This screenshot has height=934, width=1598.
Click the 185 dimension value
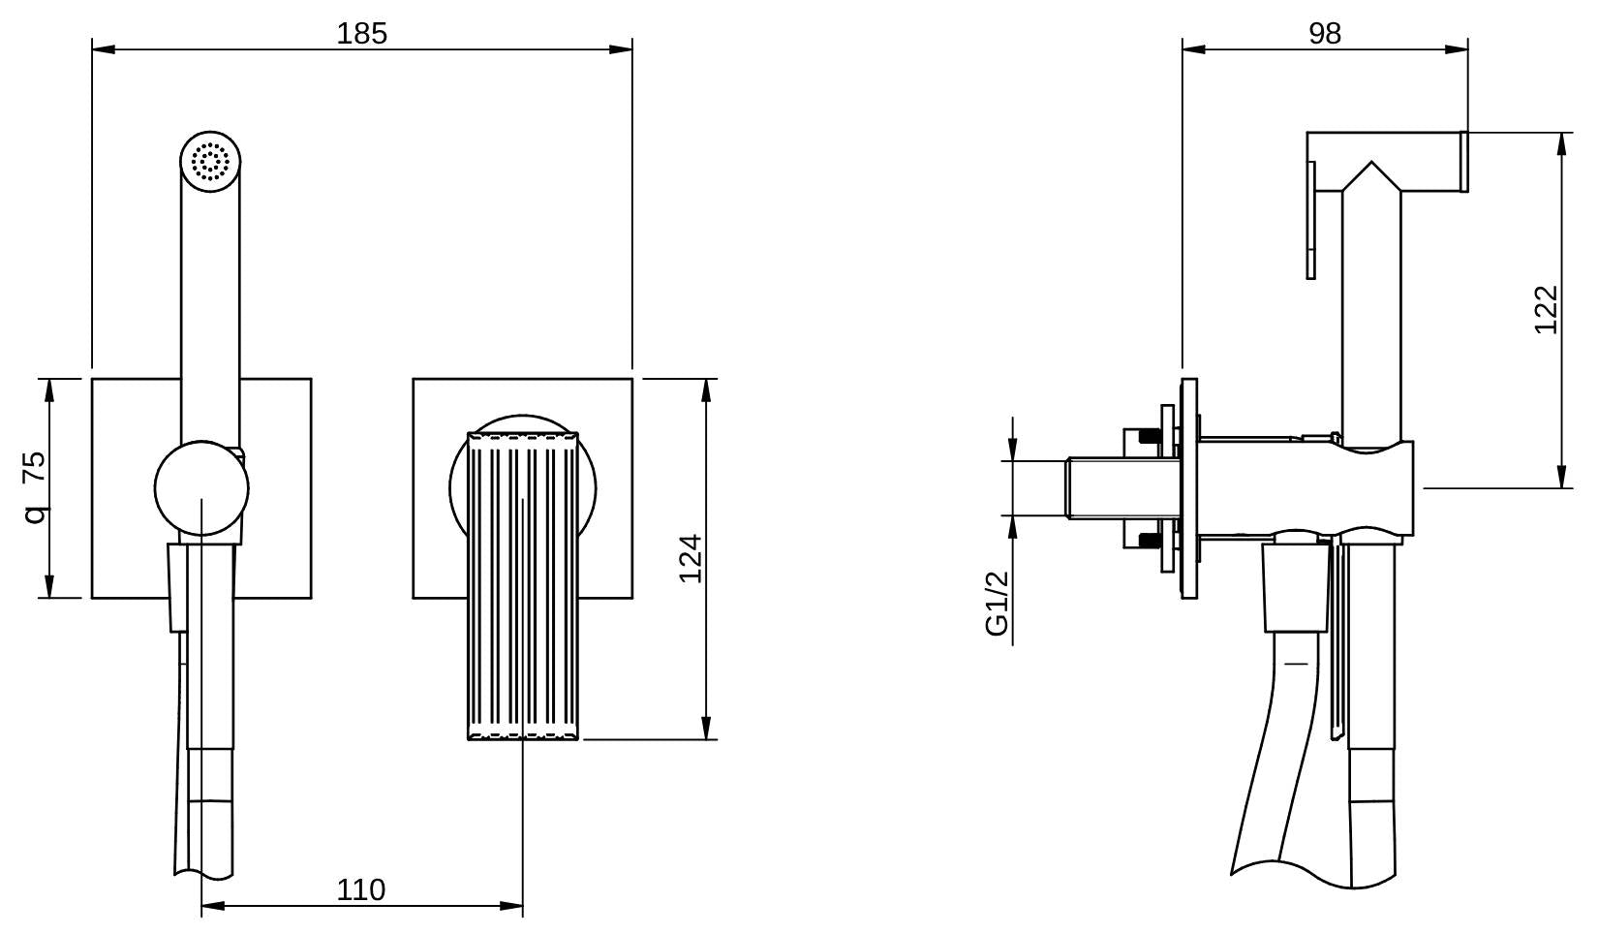(x=361, y=34)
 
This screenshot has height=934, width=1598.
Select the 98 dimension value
(x=1325, y=34)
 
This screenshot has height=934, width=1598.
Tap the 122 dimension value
(x=1547, y=310)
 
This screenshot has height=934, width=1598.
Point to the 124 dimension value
(x=690, y=559)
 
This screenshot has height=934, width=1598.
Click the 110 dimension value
(x=361, y=889)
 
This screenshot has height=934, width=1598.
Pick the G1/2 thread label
(x=998, y=603)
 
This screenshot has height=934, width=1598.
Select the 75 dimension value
(x=34, y=467)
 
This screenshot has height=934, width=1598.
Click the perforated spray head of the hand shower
(x=210, y=162)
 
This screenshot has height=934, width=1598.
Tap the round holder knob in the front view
(x=201, y=488)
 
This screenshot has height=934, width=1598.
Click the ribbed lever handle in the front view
(x=523, y=586)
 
